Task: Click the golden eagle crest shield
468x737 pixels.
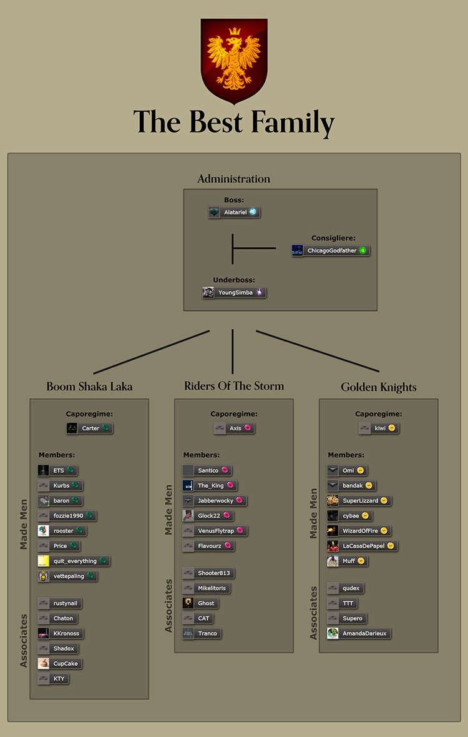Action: pos(234,61)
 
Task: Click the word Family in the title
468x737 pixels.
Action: pos(293,122)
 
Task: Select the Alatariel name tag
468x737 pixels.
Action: pos(234,212)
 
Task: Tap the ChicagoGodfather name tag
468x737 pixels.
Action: pos(331,250)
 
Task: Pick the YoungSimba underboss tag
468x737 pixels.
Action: pos(234,292)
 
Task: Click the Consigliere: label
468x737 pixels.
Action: pos(333,239)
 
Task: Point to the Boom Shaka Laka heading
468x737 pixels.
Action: pos(89,387)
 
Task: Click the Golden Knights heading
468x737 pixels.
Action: pos(378,387)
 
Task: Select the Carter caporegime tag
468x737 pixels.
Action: pos(89,428)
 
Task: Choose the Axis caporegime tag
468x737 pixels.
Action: pos(234,428)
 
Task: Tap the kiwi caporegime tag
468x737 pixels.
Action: pos(378,428)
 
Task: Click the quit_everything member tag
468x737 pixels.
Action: pos(74,561)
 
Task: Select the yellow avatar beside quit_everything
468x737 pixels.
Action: pos(44,561)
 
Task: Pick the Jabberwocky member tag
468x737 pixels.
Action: pos(215,500)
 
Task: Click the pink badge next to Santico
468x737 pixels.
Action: pos(225,470)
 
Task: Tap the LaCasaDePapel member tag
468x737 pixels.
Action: pos(363,546)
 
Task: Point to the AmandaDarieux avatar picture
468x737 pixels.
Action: pos(333,633)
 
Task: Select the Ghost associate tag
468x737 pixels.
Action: pos(200,603)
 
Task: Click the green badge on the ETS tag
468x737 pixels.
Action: pos(71,470)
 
